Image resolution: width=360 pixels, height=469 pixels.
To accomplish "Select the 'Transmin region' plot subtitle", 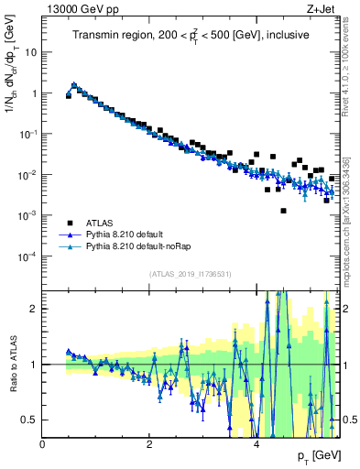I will click(191, 35).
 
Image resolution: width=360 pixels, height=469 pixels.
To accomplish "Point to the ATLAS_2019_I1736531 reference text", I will click(191, 274).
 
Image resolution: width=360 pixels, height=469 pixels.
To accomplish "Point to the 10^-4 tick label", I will click(28, 256).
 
